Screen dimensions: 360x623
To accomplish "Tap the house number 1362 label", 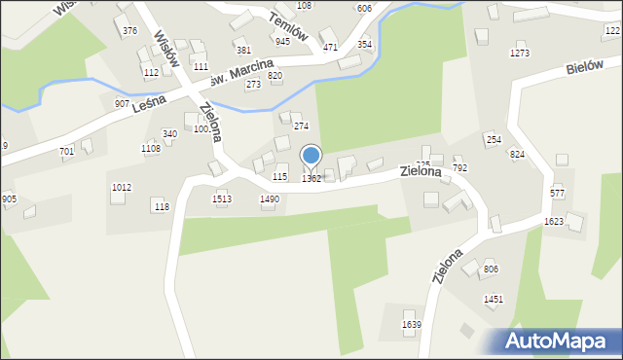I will [311, 178].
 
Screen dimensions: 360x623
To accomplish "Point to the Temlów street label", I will [290, 26].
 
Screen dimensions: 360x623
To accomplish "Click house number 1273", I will [520, 54].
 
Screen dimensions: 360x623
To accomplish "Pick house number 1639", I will [412, 324].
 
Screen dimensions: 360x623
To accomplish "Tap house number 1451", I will [494, 300].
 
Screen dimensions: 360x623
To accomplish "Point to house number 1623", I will [554, 222].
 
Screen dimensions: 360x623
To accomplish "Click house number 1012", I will [121, 187].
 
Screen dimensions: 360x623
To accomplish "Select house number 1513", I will [222, 198].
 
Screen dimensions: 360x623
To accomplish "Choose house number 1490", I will [270, 198].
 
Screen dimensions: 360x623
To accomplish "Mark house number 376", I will [130, 31].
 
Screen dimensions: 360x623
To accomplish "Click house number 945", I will [282, 42].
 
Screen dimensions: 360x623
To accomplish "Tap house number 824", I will [518, 155].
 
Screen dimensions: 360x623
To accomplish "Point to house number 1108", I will [150, 148].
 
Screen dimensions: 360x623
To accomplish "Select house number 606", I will [364, 8].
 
